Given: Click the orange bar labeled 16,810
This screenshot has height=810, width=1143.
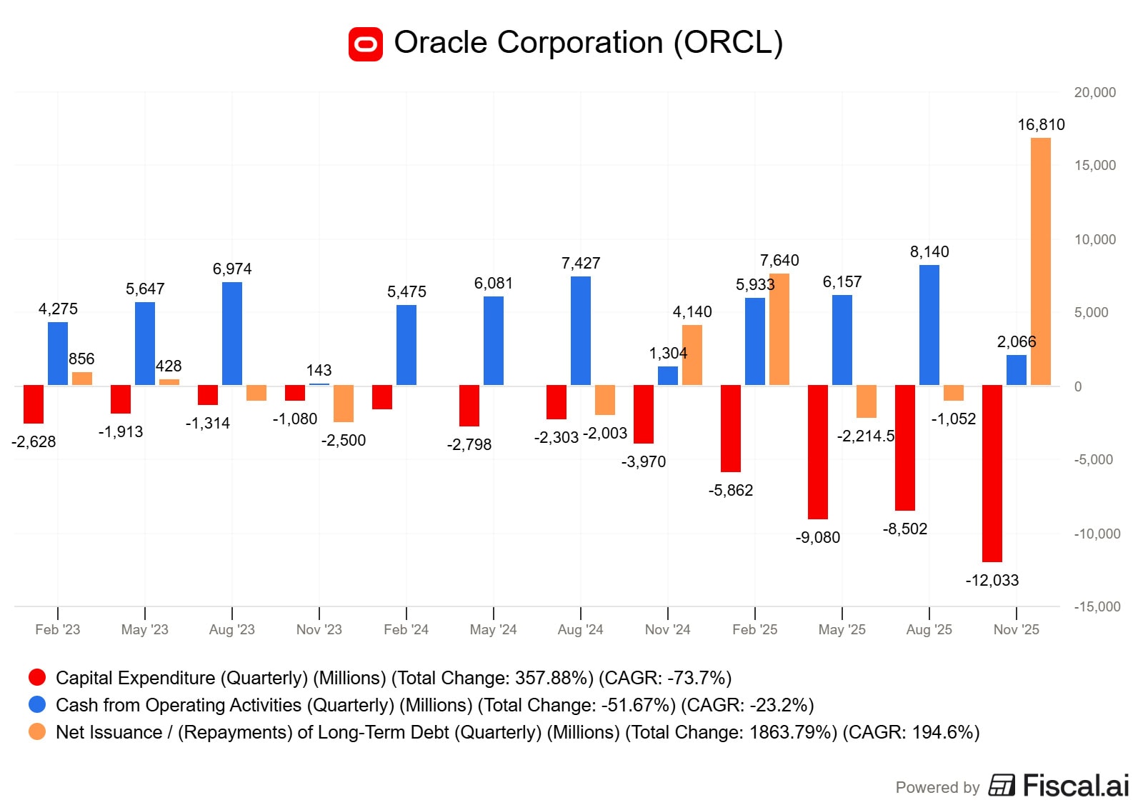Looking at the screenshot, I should (x=1040, y=261).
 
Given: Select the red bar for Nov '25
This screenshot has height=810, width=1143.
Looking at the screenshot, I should (x=992, y=473).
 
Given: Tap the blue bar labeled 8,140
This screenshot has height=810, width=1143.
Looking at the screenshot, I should (x=929, y=325).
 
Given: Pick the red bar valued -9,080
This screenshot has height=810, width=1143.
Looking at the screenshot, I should (x=817, y=451).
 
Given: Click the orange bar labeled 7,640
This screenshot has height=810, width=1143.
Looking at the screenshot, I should (x=779, y=329).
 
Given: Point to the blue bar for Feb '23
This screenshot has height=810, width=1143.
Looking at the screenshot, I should (x=58, y=354).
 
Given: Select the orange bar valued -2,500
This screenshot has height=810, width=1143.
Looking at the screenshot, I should (x=344, y=404).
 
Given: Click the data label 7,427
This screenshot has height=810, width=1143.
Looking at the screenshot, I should (x=580, y=264).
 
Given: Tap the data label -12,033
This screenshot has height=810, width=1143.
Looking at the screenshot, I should (x=992, y=580).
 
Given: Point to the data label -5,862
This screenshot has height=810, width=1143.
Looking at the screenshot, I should (x=730, y=490).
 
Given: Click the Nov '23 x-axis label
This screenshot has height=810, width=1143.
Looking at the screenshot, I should (x=319, y=629).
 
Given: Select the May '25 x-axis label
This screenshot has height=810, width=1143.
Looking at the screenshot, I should (x=842, y=629).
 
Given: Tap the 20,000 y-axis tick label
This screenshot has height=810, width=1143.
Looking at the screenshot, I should (x=1094, y=92).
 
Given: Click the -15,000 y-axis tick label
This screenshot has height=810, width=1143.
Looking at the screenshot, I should (x=1097, y=606).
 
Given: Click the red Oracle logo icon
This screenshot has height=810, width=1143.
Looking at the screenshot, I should (x=366, y=44).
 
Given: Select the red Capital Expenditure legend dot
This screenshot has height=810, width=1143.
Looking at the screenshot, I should (x=37, y=677).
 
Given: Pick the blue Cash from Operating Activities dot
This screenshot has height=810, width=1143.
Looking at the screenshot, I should (x=37, y=704).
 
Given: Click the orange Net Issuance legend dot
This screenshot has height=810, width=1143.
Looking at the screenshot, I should (x=37, y=731).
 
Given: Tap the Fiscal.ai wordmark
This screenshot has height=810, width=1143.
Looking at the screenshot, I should (x=1075, y=785).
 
